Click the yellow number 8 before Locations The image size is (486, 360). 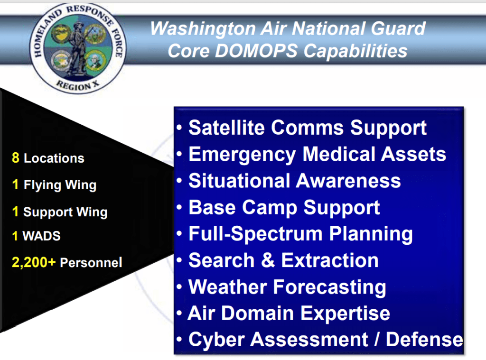(x=16, y=157)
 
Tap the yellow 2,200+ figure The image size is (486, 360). (x=34, y=262)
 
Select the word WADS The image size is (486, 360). (x=42, y=236)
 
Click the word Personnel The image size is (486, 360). (x=91, y=263)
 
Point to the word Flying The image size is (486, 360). (x=42, y=185)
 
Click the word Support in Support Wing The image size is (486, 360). (x=48, y=212)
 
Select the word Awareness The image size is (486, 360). (x=348, y=181)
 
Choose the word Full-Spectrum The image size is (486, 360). (x=256, y=234)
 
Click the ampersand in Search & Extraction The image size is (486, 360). (x=268, y=260)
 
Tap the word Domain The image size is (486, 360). (x=257, y=313)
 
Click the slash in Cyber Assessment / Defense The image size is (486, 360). (x=376, y=340)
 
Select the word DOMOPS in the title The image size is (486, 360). (x=256, y=51)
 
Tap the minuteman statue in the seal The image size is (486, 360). (x=77, y=48)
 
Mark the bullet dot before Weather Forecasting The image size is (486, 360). (x=179, y=286)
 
